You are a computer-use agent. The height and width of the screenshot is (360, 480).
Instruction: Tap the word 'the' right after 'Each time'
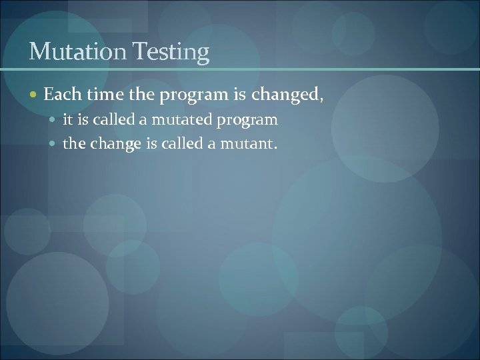tap(141, 96)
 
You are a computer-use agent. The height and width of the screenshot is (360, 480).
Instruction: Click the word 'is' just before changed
tap(240, 96)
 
